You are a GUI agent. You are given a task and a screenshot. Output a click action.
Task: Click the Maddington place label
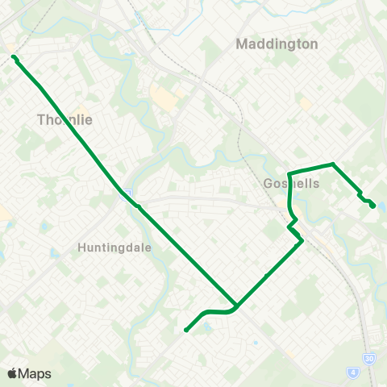[277, 44]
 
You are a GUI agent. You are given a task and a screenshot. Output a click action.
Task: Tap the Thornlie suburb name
[65, 120]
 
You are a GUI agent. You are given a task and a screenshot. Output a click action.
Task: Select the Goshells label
[292, 184]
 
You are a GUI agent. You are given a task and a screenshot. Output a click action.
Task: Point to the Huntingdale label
[114, 248]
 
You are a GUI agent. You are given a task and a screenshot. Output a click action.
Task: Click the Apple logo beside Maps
[12, 374]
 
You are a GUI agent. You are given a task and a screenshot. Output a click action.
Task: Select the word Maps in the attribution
[35, 374]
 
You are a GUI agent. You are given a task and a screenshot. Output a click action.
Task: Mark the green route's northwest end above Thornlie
[14, 57]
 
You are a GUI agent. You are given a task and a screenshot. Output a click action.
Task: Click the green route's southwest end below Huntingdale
[186, 329]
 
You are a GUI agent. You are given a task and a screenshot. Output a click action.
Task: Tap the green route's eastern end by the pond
[372, 206]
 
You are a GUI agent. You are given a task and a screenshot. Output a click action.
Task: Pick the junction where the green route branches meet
[235, 306]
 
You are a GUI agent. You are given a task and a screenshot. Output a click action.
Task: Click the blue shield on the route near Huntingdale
[127, 193]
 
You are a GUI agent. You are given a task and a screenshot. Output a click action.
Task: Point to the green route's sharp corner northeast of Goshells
[332, 164]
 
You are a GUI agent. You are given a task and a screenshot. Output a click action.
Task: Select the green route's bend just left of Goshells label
[289, 173]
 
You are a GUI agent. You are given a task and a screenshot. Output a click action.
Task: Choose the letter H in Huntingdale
[82, 248]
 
